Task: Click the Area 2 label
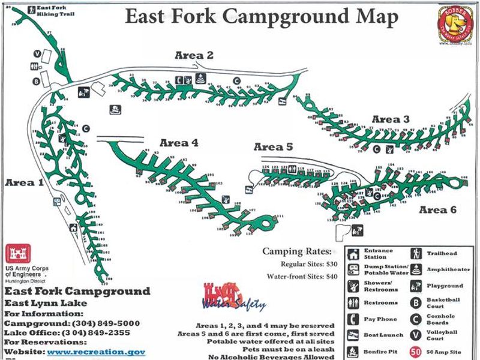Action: (194, 55)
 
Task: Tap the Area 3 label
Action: (391, 119)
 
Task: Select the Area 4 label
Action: (179, 143)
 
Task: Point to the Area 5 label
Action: (273, 146)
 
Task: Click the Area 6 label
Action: (437, 209)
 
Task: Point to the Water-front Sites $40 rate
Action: (305, 276)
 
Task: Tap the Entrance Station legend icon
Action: (355, 254)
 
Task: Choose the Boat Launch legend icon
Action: (355, 335)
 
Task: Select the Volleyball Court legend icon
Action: (415, 335)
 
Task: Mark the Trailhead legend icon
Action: (415, 254)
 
